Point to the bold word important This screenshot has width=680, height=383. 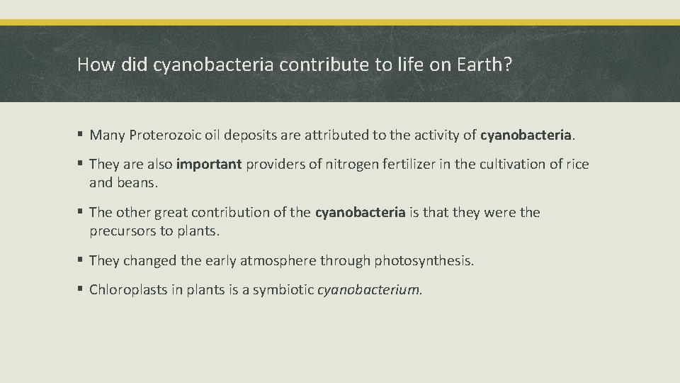(x=209, y=165)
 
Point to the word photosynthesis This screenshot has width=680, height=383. (x=424, y=260)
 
